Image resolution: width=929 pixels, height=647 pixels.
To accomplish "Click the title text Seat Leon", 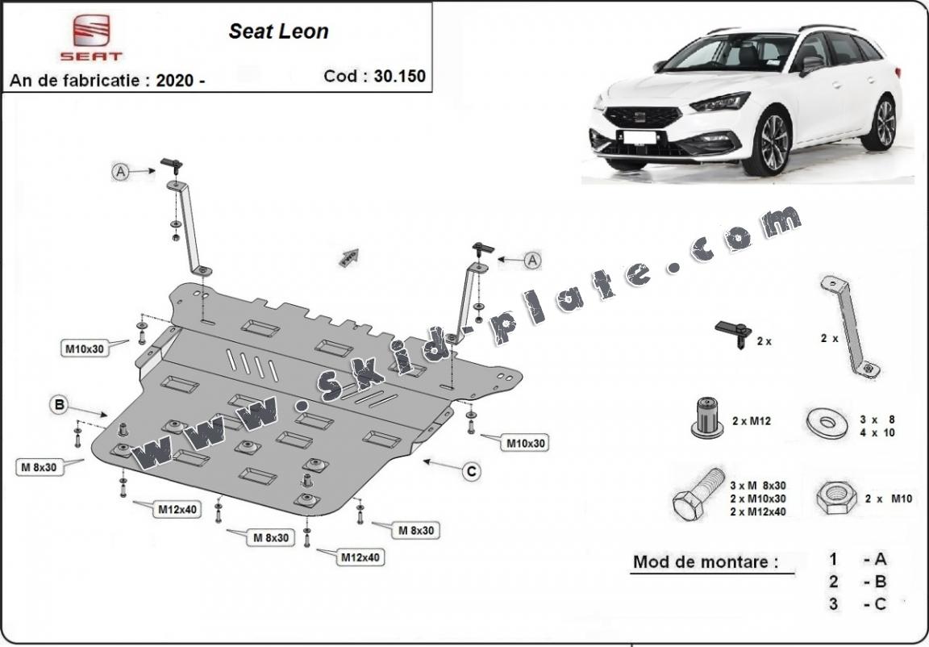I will click(x=278, y=31).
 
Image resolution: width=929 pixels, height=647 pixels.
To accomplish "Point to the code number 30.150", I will click(x=398, y=77).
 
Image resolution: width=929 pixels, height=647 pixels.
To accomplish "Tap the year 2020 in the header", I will click(x=174, y=80).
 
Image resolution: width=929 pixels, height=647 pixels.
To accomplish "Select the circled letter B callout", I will click(x=59, y=406).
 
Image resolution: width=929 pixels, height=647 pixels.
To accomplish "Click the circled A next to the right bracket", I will click(x=532, y=260).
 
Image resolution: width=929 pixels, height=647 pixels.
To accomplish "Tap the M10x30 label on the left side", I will click(x=84, y=349).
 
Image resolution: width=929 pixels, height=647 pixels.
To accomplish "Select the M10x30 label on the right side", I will click(x=526, y=443).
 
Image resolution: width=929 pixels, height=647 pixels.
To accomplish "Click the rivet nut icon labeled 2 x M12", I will click(x=706, y=418).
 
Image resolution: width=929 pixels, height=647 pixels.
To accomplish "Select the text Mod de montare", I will click(x=706, y=562).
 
